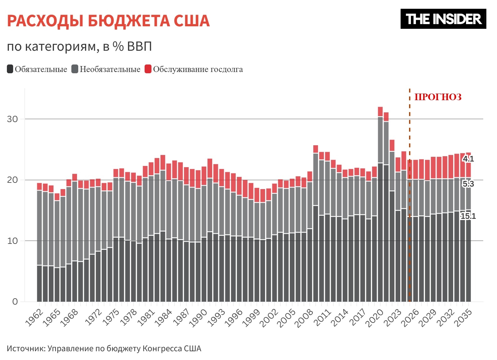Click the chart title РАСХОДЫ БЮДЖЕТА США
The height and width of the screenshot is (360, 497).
tap(108, 21)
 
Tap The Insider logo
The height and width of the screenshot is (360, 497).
tap(443, 19)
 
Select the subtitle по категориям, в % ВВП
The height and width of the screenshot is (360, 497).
tap(79, 47)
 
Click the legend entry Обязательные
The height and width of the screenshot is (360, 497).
tap(37, 69)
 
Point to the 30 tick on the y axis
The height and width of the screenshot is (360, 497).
tap(13, 119)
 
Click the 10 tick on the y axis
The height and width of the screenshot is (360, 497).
tap(13, 241)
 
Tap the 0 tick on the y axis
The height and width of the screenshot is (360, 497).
tap(15, 302)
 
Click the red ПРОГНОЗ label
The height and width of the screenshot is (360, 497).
tap(438, 97)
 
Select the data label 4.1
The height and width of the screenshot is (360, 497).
tap(468, 159)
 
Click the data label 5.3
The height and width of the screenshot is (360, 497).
tap(468, 184)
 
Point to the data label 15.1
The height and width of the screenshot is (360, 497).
tap(468, 216)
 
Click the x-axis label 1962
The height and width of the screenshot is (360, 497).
tap(34, 318)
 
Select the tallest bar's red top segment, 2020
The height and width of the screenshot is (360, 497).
tap(380, 111)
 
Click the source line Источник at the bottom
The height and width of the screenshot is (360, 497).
tap(104, 348)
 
